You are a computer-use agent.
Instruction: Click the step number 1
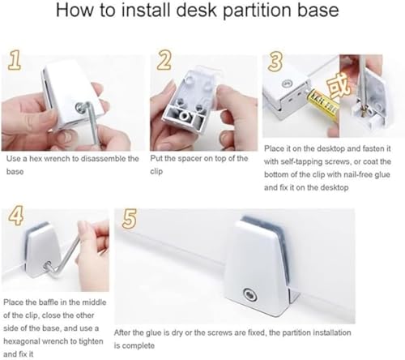[x=15, y=60]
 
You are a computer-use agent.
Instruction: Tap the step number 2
[x=164, y=60]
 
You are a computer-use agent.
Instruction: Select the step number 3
[x=275, y=62]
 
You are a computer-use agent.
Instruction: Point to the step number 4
[x=15, y=216]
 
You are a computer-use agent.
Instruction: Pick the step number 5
[x=130, y=219]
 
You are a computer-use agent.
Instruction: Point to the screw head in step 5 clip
[x=250, y=294]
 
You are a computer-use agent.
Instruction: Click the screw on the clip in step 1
[x=80, y=107]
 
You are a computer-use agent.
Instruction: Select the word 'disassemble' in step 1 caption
[x=104, y=158]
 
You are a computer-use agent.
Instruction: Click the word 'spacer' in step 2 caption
[x=189, y=158]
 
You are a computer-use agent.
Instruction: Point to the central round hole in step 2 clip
[x=185, y=117]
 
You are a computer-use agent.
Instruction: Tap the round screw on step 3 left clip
[x=286, y=84]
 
